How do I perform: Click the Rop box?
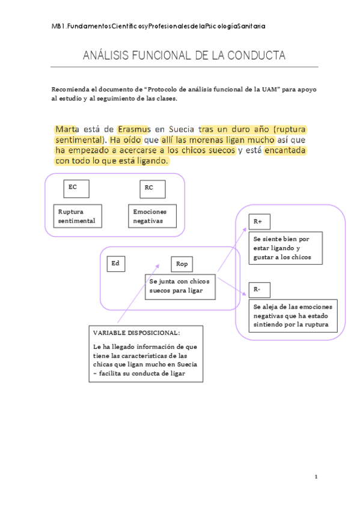click(182, 265)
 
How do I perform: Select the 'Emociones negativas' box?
click(150, 217)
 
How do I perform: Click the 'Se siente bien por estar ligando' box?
click(287, 248)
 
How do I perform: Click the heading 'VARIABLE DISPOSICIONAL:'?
click(136, 333)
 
